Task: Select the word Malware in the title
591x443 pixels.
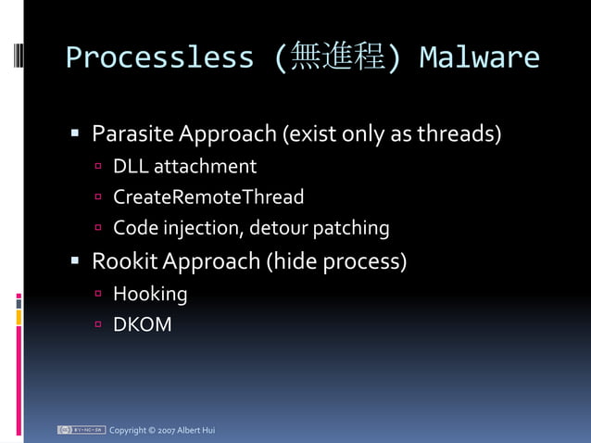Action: point(479,57)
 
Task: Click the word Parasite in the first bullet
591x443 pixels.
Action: point(132,134)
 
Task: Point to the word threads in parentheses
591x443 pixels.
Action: point(459,134)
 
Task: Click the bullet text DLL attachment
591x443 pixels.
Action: point(184,167)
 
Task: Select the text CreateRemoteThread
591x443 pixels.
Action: point(208,197)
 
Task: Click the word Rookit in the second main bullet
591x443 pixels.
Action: point(125,261)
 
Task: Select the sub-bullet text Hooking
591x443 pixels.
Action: point(150,295)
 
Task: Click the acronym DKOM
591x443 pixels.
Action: point(142,325)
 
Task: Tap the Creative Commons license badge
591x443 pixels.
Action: point(81,430)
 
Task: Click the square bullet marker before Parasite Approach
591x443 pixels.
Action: point(77,135)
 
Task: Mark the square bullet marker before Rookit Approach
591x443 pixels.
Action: point(77,261)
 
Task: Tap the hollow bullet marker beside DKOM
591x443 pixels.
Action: point(98,325)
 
